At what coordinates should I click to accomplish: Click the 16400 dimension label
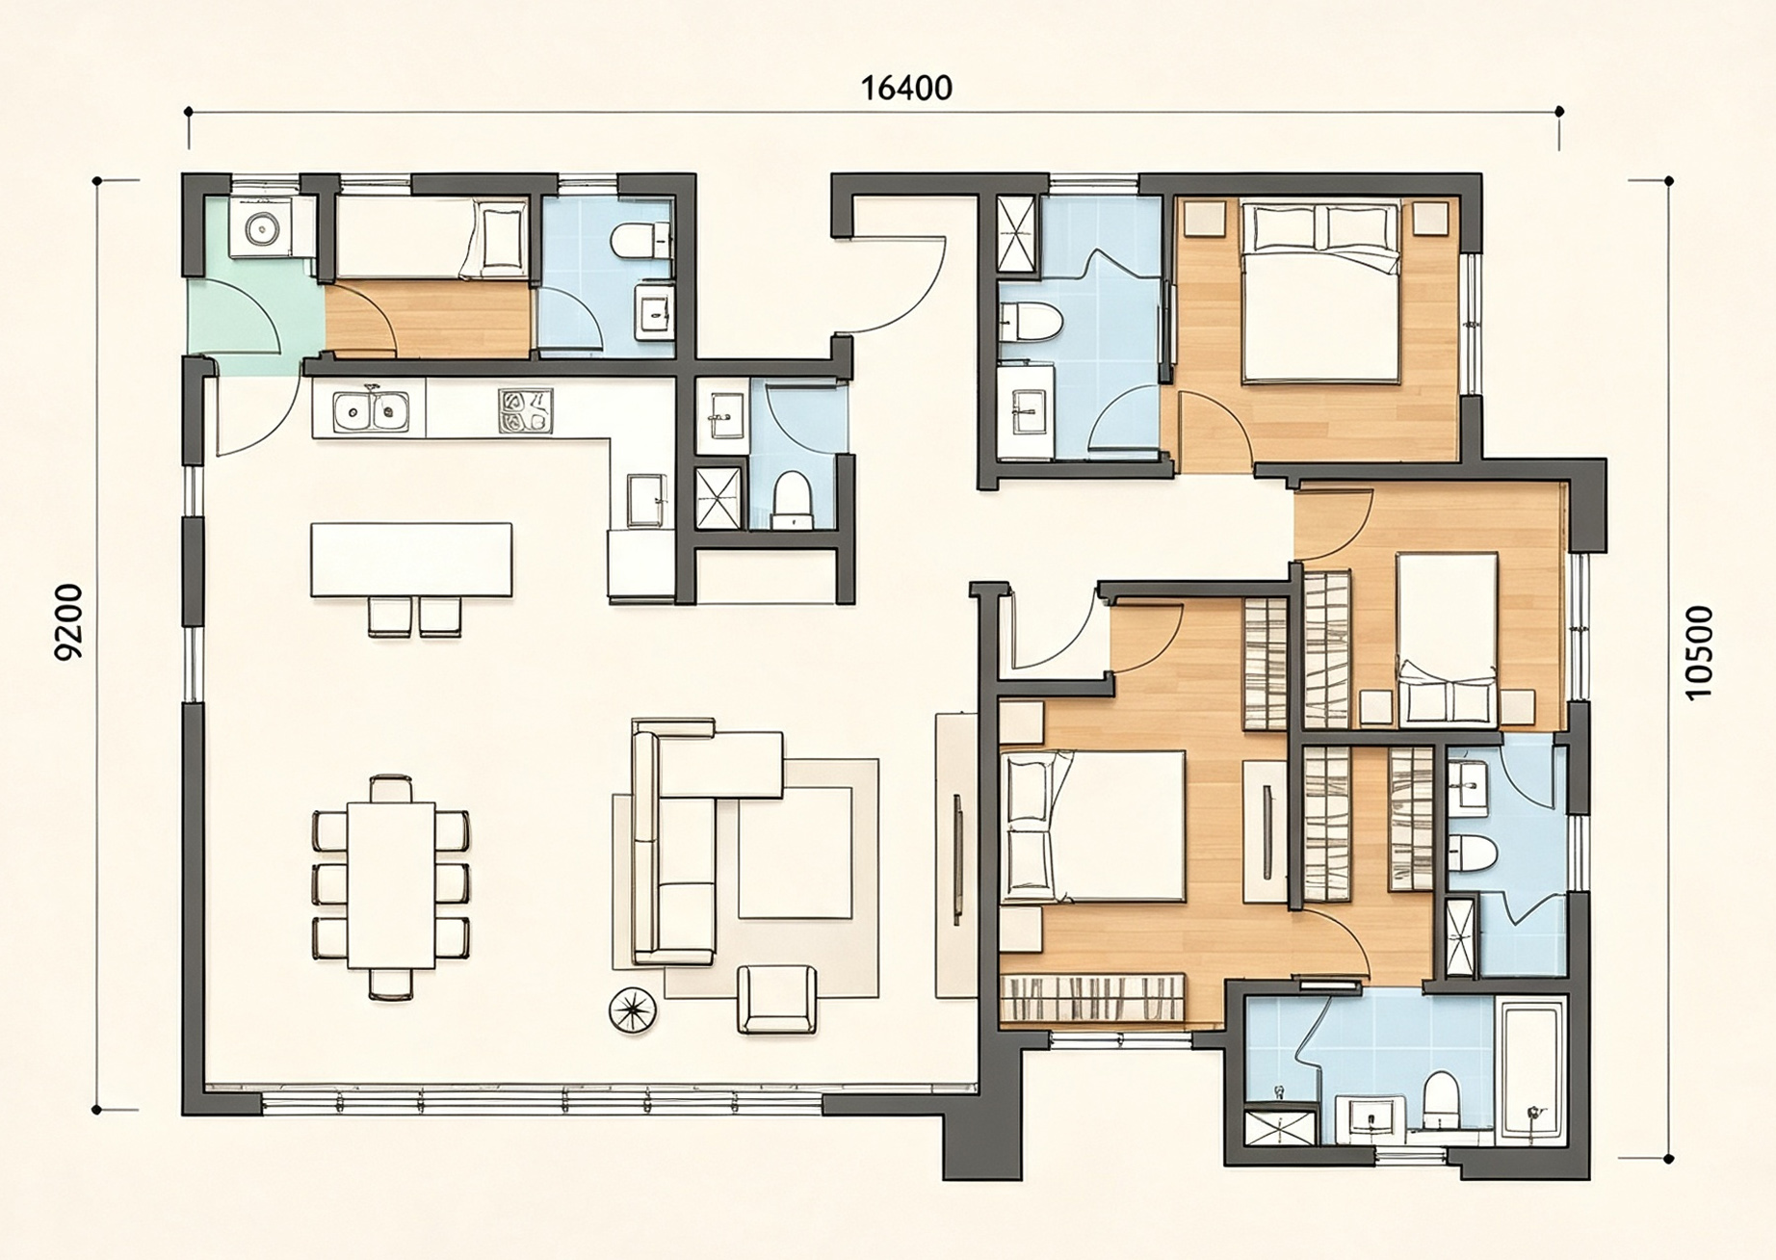click(x=906, y=89)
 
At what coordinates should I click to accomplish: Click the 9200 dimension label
click(x=69, y=622)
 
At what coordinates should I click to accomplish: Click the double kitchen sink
click(x=371, y=411)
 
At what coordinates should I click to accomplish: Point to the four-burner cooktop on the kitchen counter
click(x=525, y=410)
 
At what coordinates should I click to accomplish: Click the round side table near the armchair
click(x=633, y=1011)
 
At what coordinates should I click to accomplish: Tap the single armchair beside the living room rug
click(x=776, y=1000)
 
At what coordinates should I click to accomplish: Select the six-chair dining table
click(x=391, y=885)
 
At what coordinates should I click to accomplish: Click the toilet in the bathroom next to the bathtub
click(x=1441, y=1100)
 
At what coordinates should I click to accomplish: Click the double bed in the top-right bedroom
click(x=1319, y=291)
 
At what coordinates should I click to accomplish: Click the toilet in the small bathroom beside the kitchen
click(x=793, y=500)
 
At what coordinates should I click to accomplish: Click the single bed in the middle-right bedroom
click(x=1448, y=638)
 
